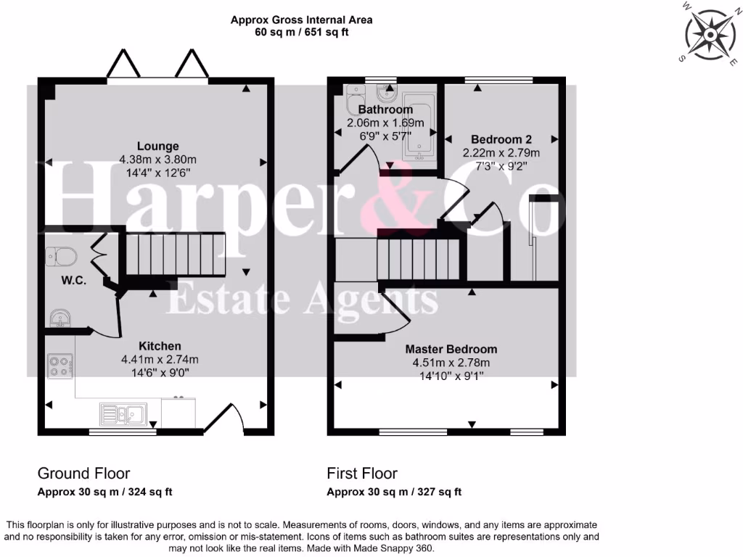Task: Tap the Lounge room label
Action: click(158, 147)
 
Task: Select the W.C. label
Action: click(73, 281)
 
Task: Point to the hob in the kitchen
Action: click(59, 365)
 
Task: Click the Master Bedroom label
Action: click(451, 349)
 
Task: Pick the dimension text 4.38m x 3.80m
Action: click(158, 160)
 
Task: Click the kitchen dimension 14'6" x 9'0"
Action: click(160, 372)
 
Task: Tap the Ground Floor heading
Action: click(84, 474)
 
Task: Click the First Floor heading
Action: click(362, 474)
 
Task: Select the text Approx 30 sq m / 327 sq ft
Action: click(394, 492)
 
